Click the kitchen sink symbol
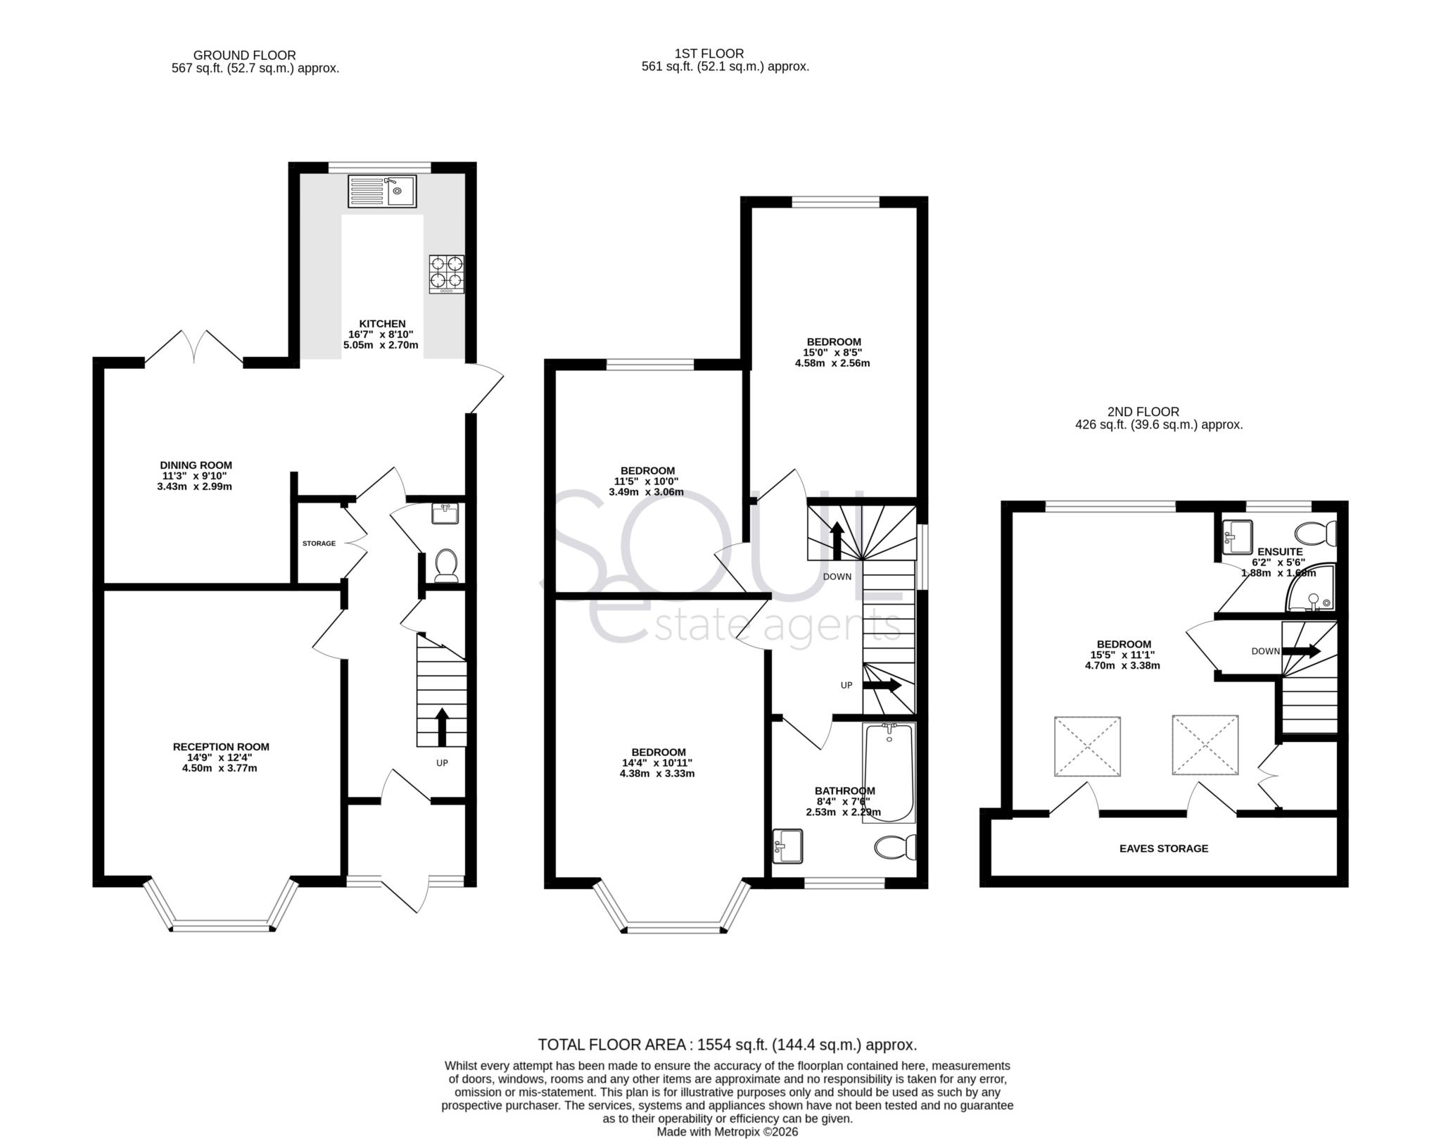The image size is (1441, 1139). [382, 191]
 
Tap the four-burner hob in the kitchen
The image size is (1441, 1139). [447, 273]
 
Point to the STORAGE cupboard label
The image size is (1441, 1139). [319, 543]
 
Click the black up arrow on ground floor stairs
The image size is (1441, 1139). [442, 726]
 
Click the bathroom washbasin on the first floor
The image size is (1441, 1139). [787, 846]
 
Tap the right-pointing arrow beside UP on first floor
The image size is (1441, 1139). [882, 684]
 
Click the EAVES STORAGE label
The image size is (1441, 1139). [1163, 848]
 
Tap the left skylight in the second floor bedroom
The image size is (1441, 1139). [1086, 746]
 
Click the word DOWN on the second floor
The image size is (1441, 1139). [1265, 651]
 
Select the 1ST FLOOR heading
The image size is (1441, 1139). [708, 54]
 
